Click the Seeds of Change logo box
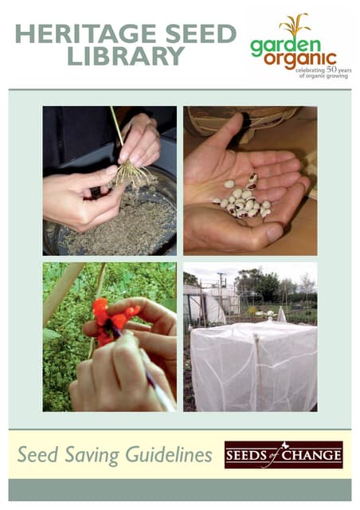(x=284, y=455)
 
